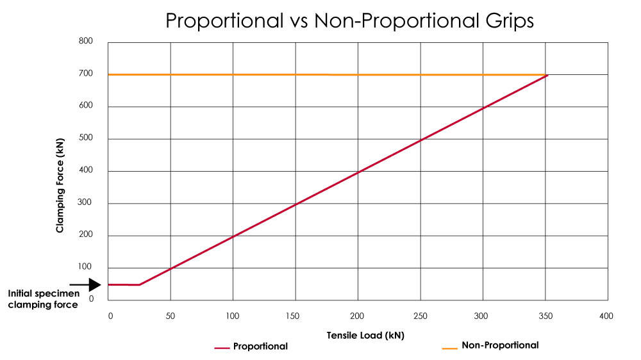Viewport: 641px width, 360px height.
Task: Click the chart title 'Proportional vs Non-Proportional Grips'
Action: pos(349,20)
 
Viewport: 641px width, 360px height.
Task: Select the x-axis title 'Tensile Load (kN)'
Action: pos(365,335)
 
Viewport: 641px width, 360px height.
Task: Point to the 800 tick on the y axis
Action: pos(85,42)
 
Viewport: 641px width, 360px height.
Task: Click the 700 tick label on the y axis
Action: pos(85,74)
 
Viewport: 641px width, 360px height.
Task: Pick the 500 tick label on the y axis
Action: pos(85,138)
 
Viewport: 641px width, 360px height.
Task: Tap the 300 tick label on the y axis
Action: pos(85,203)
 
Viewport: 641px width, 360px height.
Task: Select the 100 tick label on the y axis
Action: pos(85,267)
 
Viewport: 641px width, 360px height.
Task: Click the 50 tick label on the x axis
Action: pos(171,316)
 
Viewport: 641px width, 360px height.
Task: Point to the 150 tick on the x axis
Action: pos(296,316)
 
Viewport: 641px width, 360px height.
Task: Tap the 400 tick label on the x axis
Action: pos(606,316)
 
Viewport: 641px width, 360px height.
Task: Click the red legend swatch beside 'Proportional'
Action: pos(222,347)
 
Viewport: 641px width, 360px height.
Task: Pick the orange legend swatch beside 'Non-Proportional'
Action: pos(450,347)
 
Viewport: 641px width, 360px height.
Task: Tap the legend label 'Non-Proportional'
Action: pos(500,345)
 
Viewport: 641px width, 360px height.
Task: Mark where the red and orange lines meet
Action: pos(547,75)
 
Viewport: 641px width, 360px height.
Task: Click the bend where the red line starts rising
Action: pos(140,284)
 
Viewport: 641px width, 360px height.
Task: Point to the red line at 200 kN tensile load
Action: pos(358,172)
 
